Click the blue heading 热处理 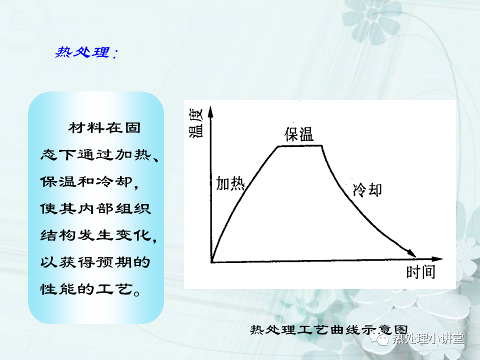pos(82,52)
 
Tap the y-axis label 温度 pos(196,123)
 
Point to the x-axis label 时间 pos(420,272)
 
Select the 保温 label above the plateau pos(299,134)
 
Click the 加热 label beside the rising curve pos(230,183)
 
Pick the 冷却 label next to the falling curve pos(367,189)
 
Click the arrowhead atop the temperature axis pos(210,112)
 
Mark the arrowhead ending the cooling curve pos(411,253)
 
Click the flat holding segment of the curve pos(299,146)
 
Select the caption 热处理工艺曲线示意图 pos(329,329)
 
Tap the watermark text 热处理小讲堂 pos(428,338)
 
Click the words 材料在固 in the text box pos(104,127)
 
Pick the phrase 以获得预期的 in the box pos(95,262)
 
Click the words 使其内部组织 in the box pos(95,208)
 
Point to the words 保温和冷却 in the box pos(86,181)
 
